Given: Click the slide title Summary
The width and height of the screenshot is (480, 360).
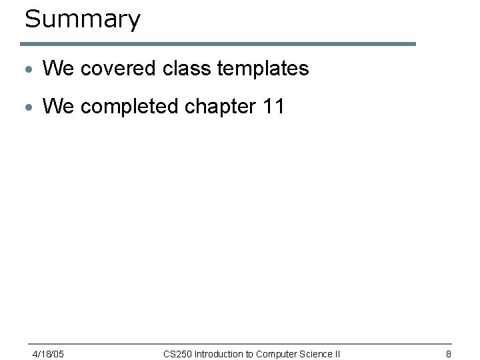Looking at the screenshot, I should tap(83, 19).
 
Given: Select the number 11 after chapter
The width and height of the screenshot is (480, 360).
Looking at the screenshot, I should tap(274, 107).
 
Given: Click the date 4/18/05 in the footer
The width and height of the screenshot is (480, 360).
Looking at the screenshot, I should tap(48, 353).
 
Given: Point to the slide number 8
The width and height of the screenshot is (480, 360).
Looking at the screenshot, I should tap(449, 353).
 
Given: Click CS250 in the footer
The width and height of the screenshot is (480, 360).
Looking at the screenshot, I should tap(177, 353).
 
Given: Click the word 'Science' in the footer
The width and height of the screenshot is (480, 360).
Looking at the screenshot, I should tap(316, 353).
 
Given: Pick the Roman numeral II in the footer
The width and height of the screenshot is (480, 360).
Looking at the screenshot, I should tap(337, 353).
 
